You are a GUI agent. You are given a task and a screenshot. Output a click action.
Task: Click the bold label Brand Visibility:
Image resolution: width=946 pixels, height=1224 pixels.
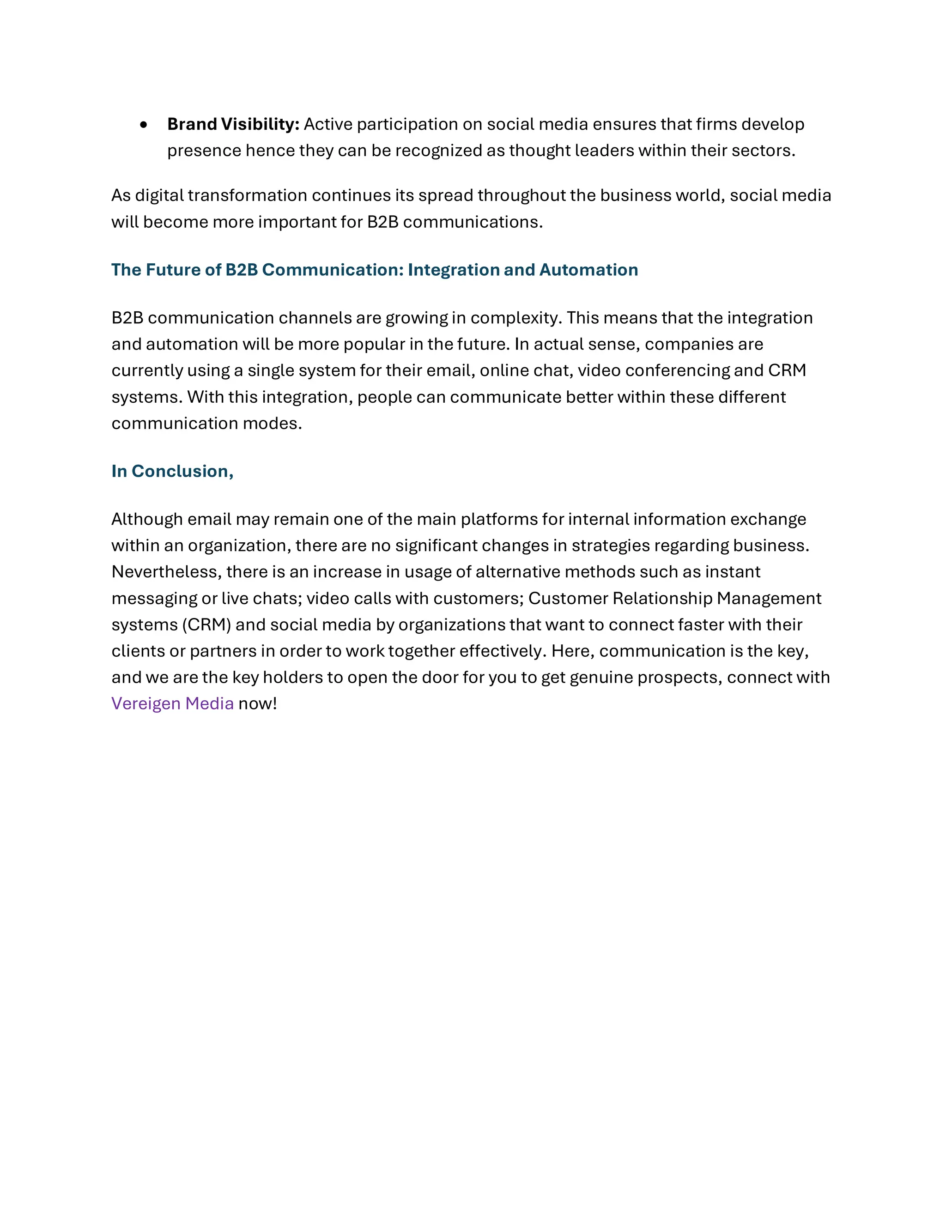point(233,124)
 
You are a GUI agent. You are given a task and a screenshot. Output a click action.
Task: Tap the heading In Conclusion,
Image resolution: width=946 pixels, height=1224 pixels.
point(172,471)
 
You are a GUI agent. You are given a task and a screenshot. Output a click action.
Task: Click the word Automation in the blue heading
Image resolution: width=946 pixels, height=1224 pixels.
point(588,270)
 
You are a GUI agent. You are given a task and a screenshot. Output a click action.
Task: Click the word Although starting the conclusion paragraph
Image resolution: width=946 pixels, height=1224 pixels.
point(147,519)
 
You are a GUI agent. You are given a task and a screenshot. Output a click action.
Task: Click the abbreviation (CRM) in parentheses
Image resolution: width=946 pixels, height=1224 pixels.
point(206,624)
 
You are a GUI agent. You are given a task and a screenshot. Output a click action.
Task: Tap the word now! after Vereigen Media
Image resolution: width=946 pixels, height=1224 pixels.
point(258,703)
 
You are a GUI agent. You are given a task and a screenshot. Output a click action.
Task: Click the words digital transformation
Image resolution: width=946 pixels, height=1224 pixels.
point(221,195)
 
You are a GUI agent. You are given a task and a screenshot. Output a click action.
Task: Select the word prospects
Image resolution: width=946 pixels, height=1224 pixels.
point(679,677)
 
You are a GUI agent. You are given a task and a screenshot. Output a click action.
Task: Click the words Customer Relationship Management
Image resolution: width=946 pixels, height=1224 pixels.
point(674,598)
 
